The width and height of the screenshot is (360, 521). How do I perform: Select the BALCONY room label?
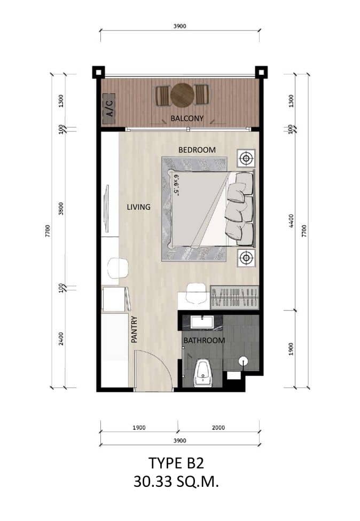click(x=187, y=118)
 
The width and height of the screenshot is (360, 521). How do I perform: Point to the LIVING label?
click(x=138, y=207)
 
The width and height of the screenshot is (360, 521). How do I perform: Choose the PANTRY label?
click(x=134, y=329)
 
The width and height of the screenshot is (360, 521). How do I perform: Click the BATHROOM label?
click(x=205, y=340)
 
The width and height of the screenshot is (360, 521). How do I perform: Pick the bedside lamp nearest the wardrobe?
click(x=246, y=258)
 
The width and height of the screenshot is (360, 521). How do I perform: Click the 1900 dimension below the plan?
click(x=138, y=427)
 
